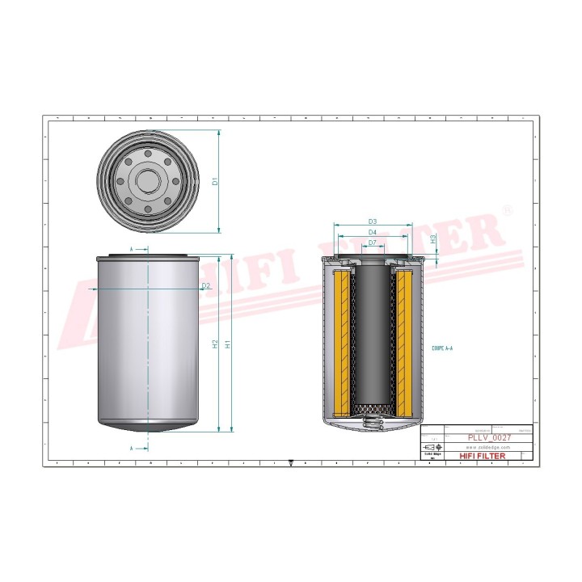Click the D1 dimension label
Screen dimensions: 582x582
[x=215, y=181]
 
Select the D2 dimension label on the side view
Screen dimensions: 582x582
[x=205, y=286]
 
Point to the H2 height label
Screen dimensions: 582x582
[x=215, y=344]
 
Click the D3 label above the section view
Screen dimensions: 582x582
[x=373, y=221]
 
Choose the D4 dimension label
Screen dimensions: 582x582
[x=373, y=233]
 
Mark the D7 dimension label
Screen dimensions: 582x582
[x=373, y=242]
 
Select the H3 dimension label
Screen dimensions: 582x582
[x=433, y=239]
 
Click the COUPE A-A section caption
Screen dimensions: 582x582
[x=442, y=348]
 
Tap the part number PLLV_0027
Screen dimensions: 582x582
[x=487, y=437]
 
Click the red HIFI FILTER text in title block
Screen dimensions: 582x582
[x=482, y=456]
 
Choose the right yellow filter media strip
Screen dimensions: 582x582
[x=404, y=339]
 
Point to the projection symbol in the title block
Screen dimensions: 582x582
[x=432, y=447]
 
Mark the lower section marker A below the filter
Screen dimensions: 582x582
[x=132, y=447]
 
